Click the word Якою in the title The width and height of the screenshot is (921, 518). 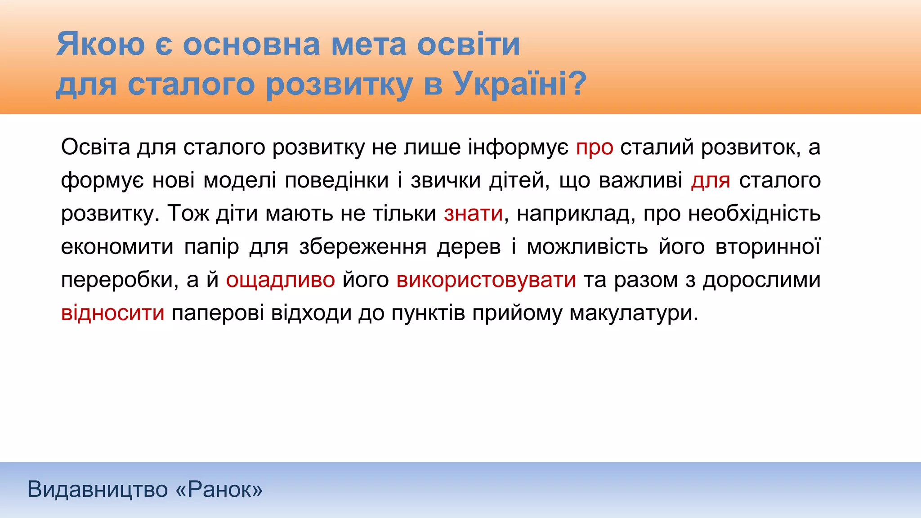click(x=100, y=44)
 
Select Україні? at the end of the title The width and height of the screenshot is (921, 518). click(x=519, y=84)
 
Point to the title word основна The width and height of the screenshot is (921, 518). click(x=251, y=44)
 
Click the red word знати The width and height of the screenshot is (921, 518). click(x=473, y=213)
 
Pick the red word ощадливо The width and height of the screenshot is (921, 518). click(x=280, y=280)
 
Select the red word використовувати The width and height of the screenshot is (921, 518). click(x=486, y=280)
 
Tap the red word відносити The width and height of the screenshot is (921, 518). click(x=113, y=313)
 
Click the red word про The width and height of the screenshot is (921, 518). click(x=595, y=147)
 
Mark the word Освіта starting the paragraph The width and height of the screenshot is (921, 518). click(x=95, y=147)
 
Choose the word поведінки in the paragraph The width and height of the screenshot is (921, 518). click(x=337, y=180)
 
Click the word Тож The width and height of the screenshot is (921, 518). click(x=189, y=213)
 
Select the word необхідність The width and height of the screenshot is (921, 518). click(x=754, y=213)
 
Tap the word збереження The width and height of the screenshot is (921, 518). click(x=362, y=246)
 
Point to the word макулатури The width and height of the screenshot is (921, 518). click(x=634, y=313)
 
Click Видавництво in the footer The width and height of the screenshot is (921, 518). click(x=98, y=489)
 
